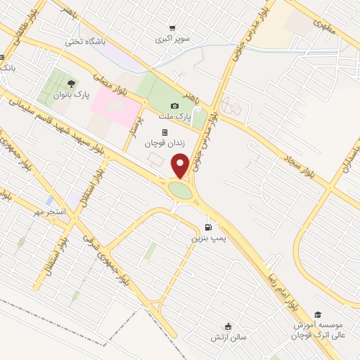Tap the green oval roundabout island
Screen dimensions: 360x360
click(x=179, y=190)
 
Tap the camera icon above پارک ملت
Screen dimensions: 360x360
click(x=174, y=105)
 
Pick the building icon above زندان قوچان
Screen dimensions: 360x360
click(x=165, y=132)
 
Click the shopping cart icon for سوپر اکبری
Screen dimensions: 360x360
click(x=172, y=28)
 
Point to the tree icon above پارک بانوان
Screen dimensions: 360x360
click(x=72, y=83)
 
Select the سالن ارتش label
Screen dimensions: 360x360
click(x=227, y=337)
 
